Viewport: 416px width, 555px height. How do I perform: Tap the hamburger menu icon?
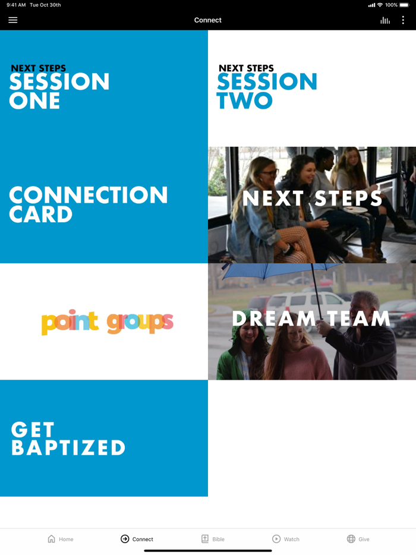12,20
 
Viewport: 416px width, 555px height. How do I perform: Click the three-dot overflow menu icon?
403,20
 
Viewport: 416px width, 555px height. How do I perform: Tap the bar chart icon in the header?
385,21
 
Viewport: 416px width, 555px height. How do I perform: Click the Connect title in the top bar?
208,20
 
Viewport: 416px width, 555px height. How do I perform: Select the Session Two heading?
267,87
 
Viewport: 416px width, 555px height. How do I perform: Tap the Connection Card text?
88,204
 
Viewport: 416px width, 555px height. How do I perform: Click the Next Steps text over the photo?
312,198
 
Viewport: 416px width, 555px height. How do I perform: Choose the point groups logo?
108,322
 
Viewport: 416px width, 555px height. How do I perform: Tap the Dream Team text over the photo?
311,319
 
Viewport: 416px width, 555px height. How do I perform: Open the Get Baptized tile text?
68,439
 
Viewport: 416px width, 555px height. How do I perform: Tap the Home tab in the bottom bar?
61,539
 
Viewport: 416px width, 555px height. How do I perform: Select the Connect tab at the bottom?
137,539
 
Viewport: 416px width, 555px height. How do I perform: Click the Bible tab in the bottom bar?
213,539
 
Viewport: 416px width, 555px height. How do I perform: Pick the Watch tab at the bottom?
286,539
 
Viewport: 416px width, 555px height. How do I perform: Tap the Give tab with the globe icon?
358,539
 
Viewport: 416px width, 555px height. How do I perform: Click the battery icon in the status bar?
404,5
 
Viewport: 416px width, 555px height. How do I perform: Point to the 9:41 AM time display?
16,5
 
